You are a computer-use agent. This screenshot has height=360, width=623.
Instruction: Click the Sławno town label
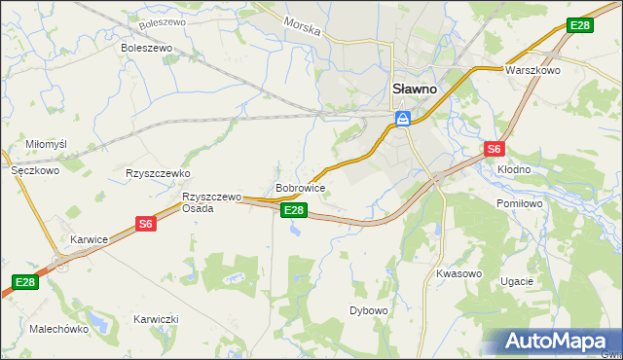[414, 88]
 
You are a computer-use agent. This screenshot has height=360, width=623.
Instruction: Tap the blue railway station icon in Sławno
[402, 119]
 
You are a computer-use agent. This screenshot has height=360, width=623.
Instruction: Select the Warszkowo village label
[530, 71]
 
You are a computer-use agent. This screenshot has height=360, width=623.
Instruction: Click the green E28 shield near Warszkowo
[579, 25]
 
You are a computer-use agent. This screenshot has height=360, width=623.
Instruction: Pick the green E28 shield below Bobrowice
[295, 210]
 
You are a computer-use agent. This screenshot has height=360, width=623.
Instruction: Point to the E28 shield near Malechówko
[25, 282]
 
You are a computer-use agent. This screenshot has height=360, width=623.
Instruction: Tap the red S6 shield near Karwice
[145, 224]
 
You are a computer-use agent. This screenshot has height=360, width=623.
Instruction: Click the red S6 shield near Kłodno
[495, 149]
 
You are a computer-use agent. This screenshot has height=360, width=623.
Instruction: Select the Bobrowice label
[300, 187]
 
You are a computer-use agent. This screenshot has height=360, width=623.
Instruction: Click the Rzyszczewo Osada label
[211, 202]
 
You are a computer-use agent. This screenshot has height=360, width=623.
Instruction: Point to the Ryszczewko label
[157, 173]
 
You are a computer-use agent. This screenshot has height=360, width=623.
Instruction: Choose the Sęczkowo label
[35, 169]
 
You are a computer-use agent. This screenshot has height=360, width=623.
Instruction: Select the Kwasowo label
[459, 273]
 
